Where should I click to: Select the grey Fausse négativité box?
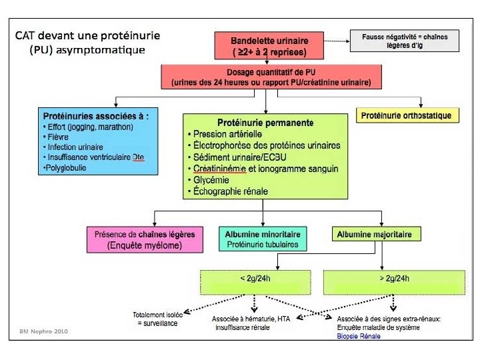[405, 41]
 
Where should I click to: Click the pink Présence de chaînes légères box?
[144, 240]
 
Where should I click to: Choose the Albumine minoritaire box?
[263, 239]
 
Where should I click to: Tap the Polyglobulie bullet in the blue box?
[67, 167]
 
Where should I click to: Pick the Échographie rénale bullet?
[230, 191]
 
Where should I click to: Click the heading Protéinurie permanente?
[265, 123]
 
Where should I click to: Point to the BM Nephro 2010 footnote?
[44, 331]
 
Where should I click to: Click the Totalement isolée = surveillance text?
[159, 319]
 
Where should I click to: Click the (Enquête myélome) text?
[143, 245]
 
